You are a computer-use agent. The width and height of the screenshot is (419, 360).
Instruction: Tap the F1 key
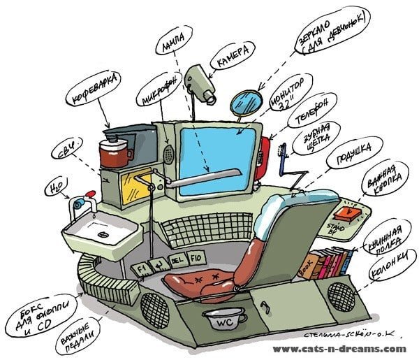click(142, 268)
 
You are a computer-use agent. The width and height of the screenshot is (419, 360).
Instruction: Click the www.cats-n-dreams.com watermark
click(338, 348)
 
